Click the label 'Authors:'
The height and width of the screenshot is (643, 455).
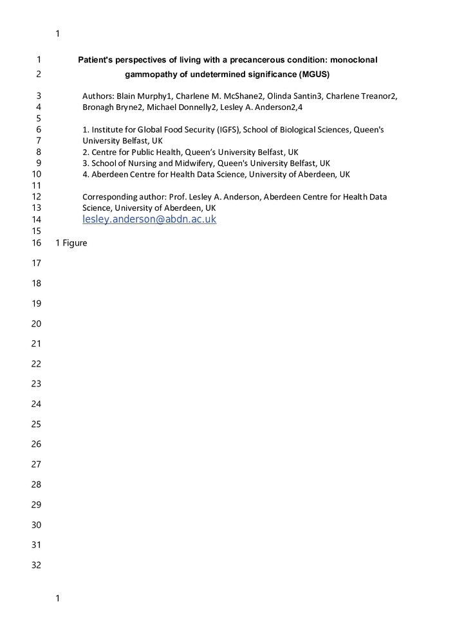click(x=98, y=96)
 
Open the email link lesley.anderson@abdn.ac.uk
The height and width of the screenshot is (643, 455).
click(x=149, y=219)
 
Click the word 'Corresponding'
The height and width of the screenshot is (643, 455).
click(x=108, y=197)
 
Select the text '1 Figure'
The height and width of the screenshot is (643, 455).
click(x=71, y=243)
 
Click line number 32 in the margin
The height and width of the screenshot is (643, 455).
click(x=36, y=565)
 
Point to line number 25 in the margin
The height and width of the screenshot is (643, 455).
click(x=36, y=424)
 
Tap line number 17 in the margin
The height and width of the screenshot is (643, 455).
click(x=36, y=263)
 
